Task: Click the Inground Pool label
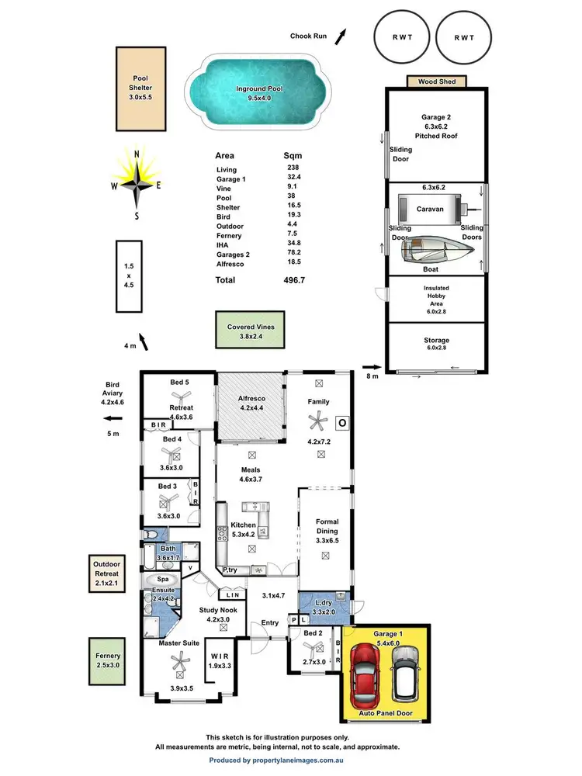(x=259, y=89)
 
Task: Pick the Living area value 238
(x=292, y=169)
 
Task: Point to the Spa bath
(x=161, y=580)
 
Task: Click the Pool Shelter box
(x=140, y=88)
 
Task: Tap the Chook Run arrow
(x=339, y=33)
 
